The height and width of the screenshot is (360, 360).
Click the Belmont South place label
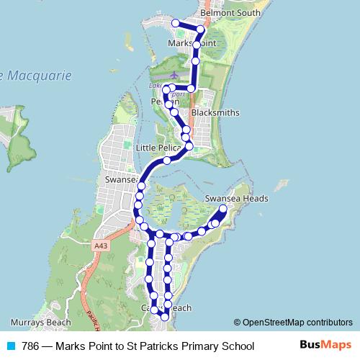[x=230, y=13]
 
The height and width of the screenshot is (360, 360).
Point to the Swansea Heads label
[x=236, y=198]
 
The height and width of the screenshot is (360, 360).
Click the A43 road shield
[x=100, y=247]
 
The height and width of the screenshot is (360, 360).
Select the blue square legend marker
[x=11, y=346]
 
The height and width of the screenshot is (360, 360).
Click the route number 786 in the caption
[x=30, y=346]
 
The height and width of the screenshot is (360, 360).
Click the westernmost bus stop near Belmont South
[x=175, y=24]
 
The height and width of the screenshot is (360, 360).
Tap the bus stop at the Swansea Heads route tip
[x=223, y=210]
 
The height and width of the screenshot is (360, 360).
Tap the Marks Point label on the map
[x=191, y=43]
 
